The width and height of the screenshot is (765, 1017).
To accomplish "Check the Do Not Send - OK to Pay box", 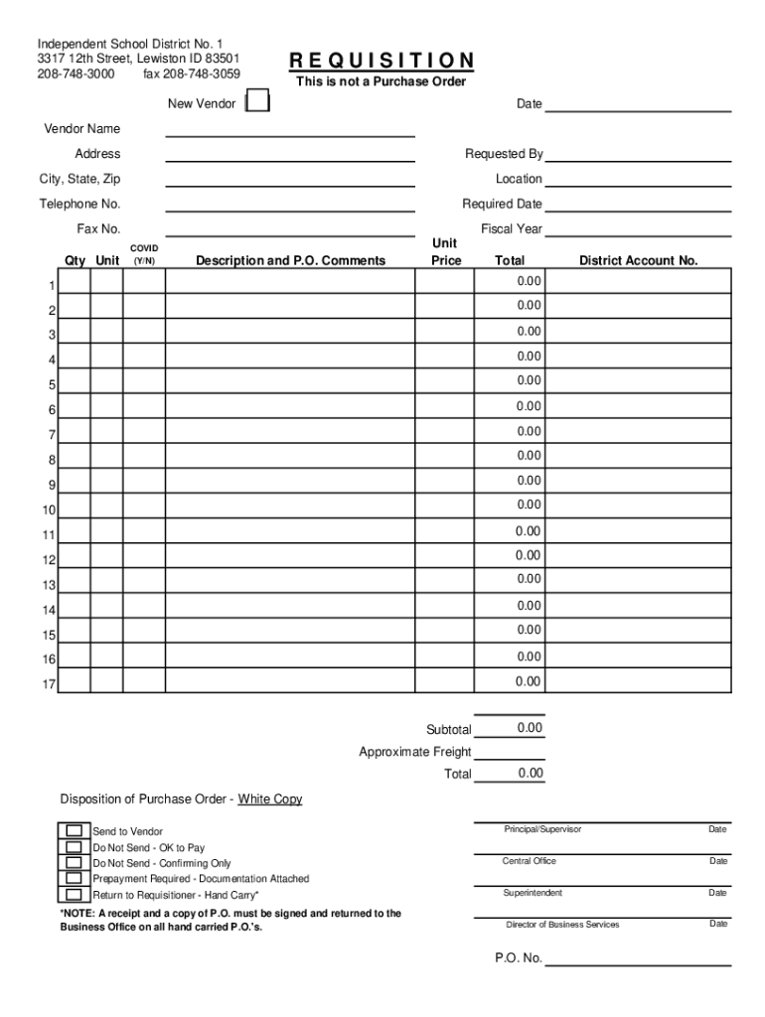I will (74, 847).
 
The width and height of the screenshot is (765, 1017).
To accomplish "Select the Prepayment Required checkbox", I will (74, 879).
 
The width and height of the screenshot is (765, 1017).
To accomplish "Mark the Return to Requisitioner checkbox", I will (74, 895).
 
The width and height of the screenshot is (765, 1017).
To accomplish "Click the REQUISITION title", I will (382, 62).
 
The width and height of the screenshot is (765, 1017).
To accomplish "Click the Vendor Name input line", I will (289, 130).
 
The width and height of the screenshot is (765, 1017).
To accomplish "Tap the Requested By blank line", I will (638, 155).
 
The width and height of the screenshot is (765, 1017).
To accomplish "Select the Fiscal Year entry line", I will (638, 230).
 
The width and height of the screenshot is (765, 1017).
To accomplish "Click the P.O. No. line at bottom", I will (638, 959).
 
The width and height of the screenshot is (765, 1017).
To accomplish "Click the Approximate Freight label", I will (415, 752).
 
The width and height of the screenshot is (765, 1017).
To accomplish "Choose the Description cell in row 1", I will (289, 283).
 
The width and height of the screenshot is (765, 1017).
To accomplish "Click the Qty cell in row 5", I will (75, 382).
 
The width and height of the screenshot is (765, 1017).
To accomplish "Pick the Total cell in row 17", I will (510, 682).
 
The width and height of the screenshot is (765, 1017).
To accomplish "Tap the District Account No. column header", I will (639, 261).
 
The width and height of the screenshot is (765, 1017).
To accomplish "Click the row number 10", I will (49, 510).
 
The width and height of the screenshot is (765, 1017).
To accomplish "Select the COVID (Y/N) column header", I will (144, 254).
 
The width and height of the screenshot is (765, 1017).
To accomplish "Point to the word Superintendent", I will (533, 894).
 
